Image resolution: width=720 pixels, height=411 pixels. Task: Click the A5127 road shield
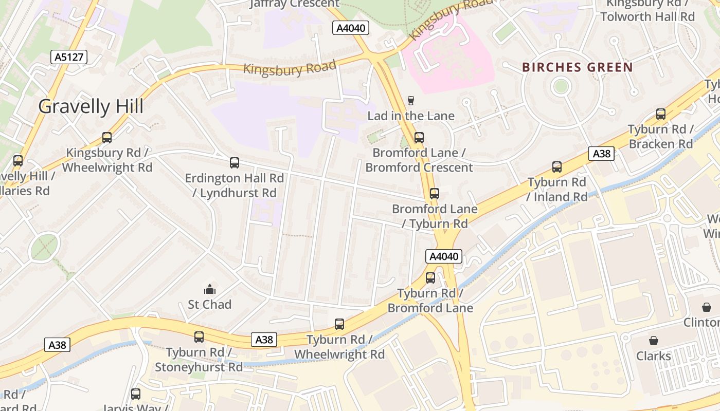[69, 57]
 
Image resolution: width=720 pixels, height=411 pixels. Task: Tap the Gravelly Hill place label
[91, 106]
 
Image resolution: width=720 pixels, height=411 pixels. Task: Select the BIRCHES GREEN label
[578, 67]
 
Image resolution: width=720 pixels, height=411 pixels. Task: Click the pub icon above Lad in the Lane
[410, 100]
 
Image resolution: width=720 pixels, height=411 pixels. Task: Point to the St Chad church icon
[209, 289]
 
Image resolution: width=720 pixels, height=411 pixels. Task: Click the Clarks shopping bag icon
[653, 341]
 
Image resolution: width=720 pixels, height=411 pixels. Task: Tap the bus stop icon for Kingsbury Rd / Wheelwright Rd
[107, 138]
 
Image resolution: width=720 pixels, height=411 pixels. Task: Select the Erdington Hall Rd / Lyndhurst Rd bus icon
[234, 163]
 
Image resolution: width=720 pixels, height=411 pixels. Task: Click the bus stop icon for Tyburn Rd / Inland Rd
[557, 167]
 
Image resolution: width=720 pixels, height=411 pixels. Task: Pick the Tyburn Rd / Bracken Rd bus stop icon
[661, 114]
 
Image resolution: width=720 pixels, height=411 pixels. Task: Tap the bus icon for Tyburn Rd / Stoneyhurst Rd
[199, 337]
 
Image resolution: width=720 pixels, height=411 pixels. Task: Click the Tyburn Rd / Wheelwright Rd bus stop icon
[339, 324]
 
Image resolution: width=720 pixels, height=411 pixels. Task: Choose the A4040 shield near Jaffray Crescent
[351, 28]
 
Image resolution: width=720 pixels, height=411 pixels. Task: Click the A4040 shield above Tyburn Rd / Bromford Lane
[443, 256]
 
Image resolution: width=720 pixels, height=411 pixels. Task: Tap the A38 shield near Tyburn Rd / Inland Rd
[601, 154]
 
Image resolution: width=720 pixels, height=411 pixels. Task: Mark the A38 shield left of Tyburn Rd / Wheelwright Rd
[264, 340]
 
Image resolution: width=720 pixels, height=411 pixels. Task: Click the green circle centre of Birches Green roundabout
[561, 86]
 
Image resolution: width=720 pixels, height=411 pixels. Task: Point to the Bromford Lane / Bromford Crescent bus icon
[419, 138]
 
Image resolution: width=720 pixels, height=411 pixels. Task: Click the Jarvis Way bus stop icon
[136, 394]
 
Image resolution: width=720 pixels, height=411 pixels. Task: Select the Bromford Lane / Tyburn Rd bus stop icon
[435, 194]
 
